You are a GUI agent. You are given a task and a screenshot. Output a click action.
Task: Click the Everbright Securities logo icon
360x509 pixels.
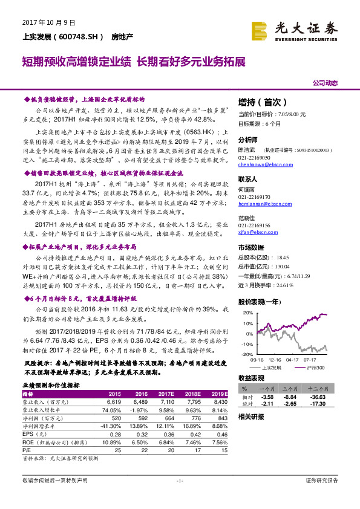pos(259,28)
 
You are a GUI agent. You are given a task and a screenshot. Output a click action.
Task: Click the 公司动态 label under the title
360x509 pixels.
pos(326,83)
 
